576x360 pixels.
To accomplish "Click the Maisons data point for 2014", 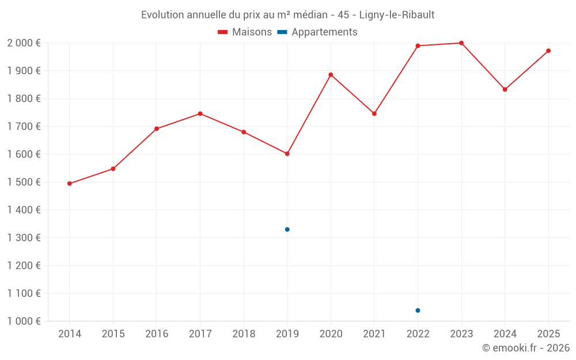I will [70, 184].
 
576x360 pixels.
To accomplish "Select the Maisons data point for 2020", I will [331, 74].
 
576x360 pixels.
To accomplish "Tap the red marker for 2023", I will [461, 43].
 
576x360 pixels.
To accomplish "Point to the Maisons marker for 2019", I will [287, 154].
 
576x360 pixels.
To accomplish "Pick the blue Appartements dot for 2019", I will [287, 229].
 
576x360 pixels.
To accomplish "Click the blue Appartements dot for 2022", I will [418, 310].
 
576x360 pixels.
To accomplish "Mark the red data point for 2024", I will [505, 89].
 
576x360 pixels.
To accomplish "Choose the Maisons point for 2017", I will [200, 113].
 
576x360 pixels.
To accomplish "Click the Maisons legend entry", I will [245, 32].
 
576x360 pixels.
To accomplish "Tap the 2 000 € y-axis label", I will [24, 43].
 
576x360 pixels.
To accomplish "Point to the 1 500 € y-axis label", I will [24, 182].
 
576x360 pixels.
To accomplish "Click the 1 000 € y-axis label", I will [24, 321].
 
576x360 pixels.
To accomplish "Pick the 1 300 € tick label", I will [24, 238].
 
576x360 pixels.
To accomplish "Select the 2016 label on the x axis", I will [157, 334].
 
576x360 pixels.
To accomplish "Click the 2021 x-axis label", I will [374, 334].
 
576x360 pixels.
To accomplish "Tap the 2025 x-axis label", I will [548, 334].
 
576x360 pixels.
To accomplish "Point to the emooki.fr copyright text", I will [526, 348].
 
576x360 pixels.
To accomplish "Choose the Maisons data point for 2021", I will [374, 113].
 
